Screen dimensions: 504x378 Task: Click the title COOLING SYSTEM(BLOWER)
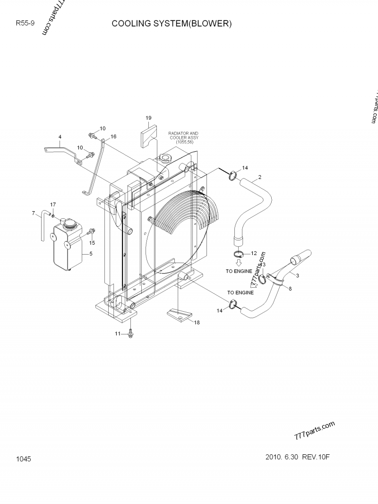coord(172,24)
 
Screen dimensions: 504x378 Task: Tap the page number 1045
coord(23,459)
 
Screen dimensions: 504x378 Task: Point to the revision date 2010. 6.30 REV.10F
coord(296,458)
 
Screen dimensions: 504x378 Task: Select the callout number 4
coord(60,137)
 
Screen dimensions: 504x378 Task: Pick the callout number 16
coord(113,137)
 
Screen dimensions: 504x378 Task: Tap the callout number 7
coord(34,213)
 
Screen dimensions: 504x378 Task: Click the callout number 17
coord(53,205)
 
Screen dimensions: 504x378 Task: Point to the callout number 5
coord(91,254)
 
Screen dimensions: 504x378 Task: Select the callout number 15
coord(92,243)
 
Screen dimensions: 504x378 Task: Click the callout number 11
coord(118,334)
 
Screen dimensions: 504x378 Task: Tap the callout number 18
coord(197,323)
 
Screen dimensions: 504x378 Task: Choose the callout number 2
coord(260,178)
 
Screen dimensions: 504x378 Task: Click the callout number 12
coord(254,254)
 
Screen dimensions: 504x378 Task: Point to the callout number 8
coord(290,288)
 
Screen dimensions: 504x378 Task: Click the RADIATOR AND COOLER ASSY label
coord(184,137)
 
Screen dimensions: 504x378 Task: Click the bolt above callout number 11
coord(131,333)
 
